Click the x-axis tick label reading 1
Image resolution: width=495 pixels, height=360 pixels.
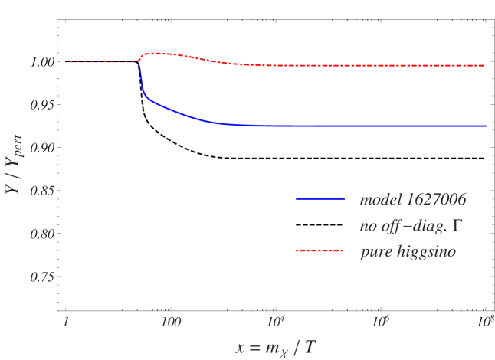(67, 319)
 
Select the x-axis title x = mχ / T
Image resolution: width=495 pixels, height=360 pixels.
(276, 347)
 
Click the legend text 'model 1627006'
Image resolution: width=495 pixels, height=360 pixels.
(413, 200)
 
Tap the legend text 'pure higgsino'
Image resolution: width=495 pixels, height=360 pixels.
(408, 252)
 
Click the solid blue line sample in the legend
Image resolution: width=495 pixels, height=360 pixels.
(322, 199)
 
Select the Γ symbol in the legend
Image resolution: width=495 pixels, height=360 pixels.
(462, 226)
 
